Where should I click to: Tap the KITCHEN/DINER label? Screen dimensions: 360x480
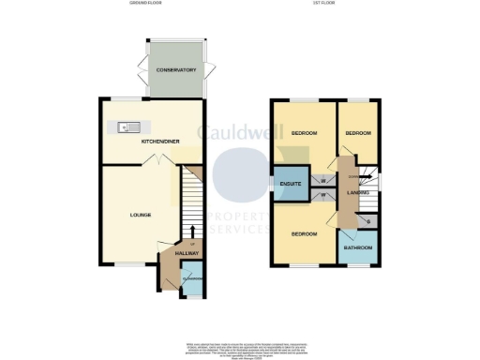160,141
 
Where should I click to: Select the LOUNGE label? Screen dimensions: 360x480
141,215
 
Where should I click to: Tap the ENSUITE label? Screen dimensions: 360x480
290,184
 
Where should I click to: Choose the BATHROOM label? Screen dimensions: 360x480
356,247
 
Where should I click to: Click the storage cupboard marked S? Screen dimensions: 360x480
367,220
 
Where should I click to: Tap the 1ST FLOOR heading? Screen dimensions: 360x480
325,4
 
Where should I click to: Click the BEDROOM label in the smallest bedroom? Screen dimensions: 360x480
357,134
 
